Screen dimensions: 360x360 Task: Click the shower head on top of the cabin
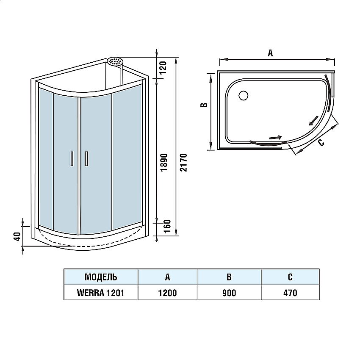(115, 61)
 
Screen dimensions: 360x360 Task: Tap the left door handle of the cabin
(72, 158)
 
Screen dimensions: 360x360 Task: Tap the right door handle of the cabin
(86, 158)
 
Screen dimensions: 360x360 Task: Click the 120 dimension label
(163, 67)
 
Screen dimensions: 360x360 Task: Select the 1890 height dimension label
(164, 163)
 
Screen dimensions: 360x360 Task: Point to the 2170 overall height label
(184, 163)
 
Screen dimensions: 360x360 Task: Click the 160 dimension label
(167, 226)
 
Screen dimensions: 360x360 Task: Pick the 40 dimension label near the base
(17, 236)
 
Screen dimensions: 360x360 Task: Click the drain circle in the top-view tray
(244, 96)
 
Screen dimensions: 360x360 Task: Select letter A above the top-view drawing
(270, 53)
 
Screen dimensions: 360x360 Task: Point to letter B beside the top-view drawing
(204, 105)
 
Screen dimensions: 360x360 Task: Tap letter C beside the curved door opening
(321, 143)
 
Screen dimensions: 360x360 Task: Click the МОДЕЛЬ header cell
(101, 277)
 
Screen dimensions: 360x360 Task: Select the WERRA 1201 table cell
(101, 293)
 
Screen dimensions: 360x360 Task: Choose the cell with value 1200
(167, 293)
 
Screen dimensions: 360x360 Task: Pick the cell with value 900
(229, 293)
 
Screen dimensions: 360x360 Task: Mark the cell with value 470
(290, 293)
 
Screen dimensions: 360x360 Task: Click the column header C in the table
(290, 277)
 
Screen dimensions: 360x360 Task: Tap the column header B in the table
(229, 277)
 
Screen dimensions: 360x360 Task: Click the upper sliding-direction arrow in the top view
(313, 121)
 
